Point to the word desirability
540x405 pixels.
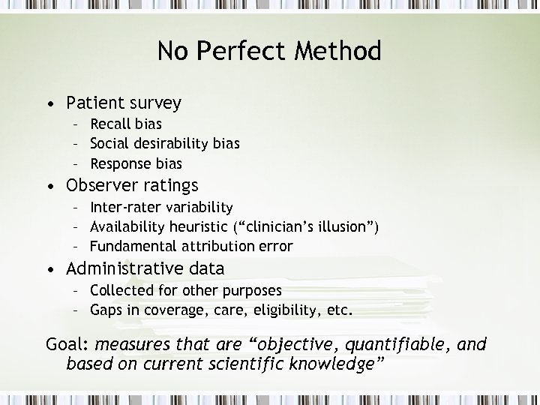pos(172,143)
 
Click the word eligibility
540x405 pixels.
pos(285,310)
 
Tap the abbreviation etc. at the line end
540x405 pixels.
pos(339,310)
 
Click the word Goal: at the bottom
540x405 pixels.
pos(67,345)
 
